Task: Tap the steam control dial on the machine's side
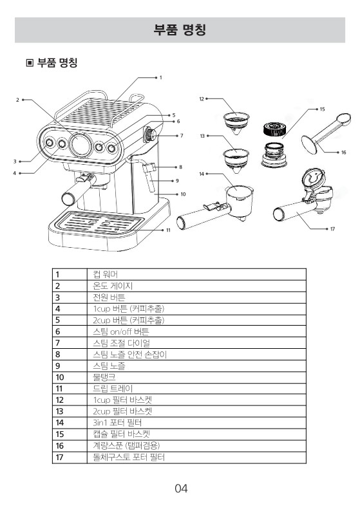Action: [150, 134]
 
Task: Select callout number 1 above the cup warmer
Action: [160, 78]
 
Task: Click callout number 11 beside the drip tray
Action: [168, 230]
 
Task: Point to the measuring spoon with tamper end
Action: [326, 133]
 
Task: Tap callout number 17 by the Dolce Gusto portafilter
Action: [332, 228]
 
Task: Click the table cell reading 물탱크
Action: [104, 377]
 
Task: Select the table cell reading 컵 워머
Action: [105, 274]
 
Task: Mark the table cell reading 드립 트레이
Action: [113, 389]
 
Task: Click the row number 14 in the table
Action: [60, 423]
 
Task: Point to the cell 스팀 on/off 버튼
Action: [120, 331]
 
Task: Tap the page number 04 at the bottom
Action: [181, 488]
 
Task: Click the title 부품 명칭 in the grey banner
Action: [180, 30]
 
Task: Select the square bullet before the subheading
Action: [30, 62]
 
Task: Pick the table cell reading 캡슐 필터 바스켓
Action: [121, 434]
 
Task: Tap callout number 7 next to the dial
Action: [182, 136]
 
